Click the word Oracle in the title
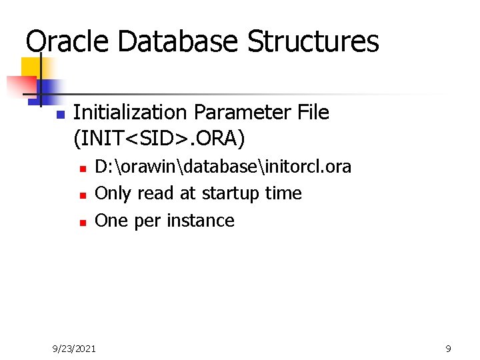click(67, 41)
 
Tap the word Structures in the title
click(313, 41)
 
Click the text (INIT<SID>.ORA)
click(159, 139)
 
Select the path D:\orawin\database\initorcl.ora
click(223, 167)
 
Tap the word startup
click(231, 194)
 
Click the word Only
click(113, 193)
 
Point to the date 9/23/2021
click(74, 348)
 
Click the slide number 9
click(448, 348)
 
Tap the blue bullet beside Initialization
click(59, 115)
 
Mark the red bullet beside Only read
click(82, 195)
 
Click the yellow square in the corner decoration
click(31, 67)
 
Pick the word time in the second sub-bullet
click(283, 193)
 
